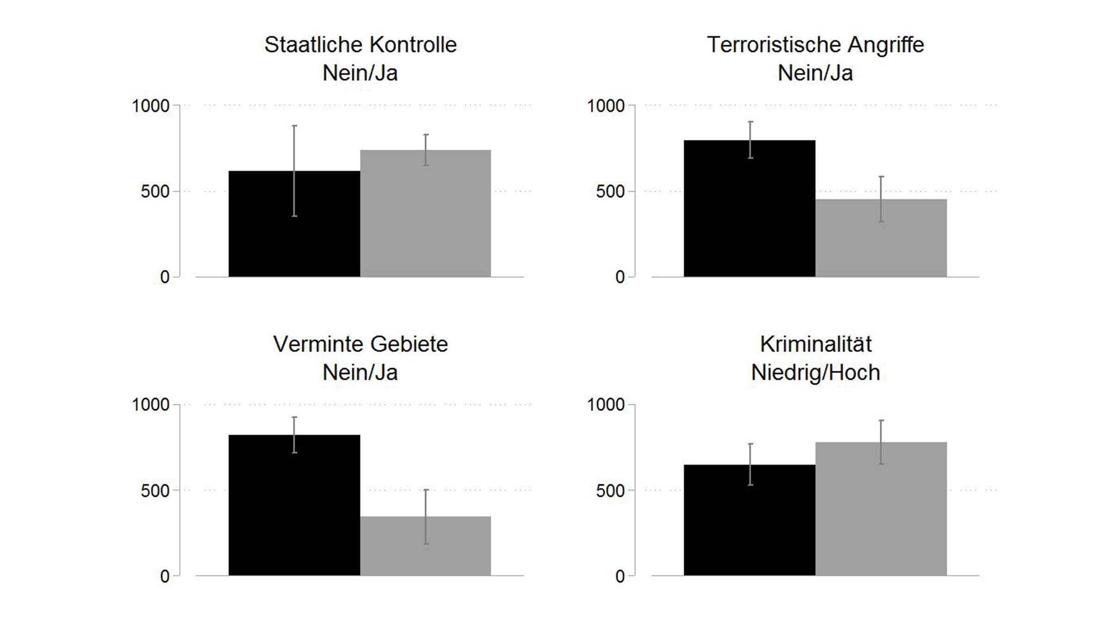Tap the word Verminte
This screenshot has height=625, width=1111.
[318, 344]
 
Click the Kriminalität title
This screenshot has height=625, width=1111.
[816, 344]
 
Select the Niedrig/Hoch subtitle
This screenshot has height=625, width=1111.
[816, 373]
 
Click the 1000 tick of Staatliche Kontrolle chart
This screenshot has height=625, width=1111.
[151, 106]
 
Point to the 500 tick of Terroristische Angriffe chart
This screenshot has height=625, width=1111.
[611, 192]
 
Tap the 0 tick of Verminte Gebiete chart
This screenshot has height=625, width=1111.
[165, 576]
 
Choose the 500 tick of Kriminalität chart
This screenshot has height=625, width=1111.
[611, 491]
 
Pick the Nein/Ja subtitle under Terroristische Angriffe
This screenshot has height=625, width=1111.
[816, 73]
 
